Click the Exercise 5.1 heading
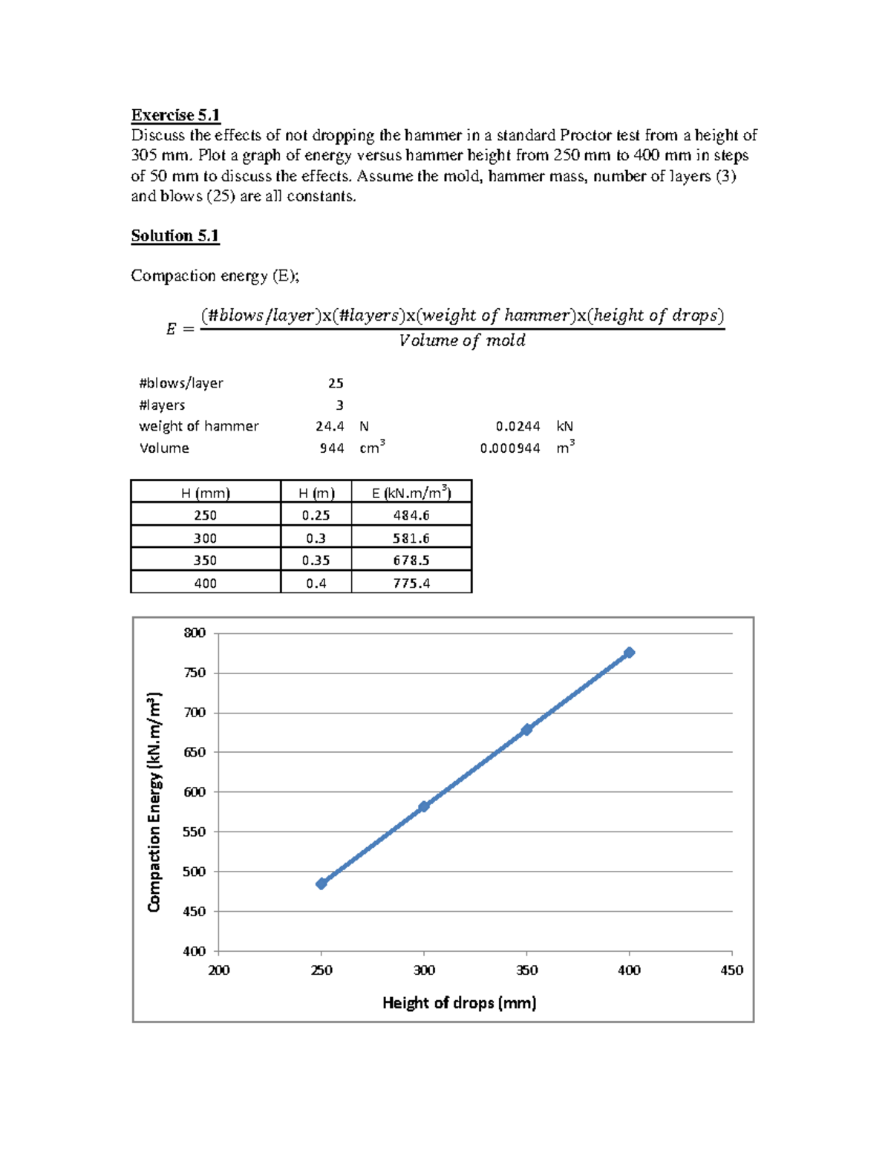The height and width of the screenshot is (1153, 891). (x=175, y=115)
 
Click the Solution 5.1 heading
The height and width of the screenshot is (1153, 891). (x=174, y=236)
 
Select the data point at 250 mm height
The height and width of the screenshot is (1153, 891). (x=322, y=883)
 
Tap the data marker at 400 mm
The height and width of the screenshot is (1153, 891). (x=630, y=653)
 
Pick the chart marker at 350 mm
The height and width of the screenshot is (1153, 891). (x=526, y=730)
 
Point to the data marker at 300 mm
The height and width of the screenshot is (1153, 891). (x=424, y=806)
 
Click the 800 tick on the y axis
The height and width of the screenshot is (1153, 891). (x=195, y=633)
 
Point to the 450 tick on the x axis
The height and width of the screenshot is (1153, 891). (x=731, y=970)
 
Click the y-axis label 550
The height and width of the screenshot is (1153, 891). (x=195, y=832)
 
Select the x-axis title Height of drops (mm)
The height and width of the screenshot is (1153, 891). (x=459, y=1003)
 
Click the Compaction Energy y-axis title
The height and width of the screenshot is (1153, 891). (x=154, y=802)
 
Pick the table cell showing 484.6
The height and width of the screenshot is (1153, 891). (x=411, y=515)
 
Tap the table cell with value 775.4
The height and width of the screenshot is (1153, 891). (x=411, y=584)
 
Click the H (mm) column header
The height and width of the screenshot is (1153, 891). (x=206, y=493)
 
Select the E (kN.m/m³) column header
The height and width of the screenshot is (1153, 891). (x=411, y=492)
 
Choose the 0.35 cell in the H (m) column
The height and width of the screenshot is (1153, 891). (x=316, y=561)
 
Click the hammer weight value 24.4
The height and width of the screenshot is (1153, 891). (x=330, y=426)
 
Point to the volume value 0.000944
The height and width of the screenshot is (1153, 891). (x=510, y=448)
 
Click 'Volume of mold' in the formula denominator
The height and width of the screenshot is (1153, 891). (x=462, y=341)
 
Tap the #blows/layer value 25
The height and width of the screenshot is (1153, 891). (x=336, y=384)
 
